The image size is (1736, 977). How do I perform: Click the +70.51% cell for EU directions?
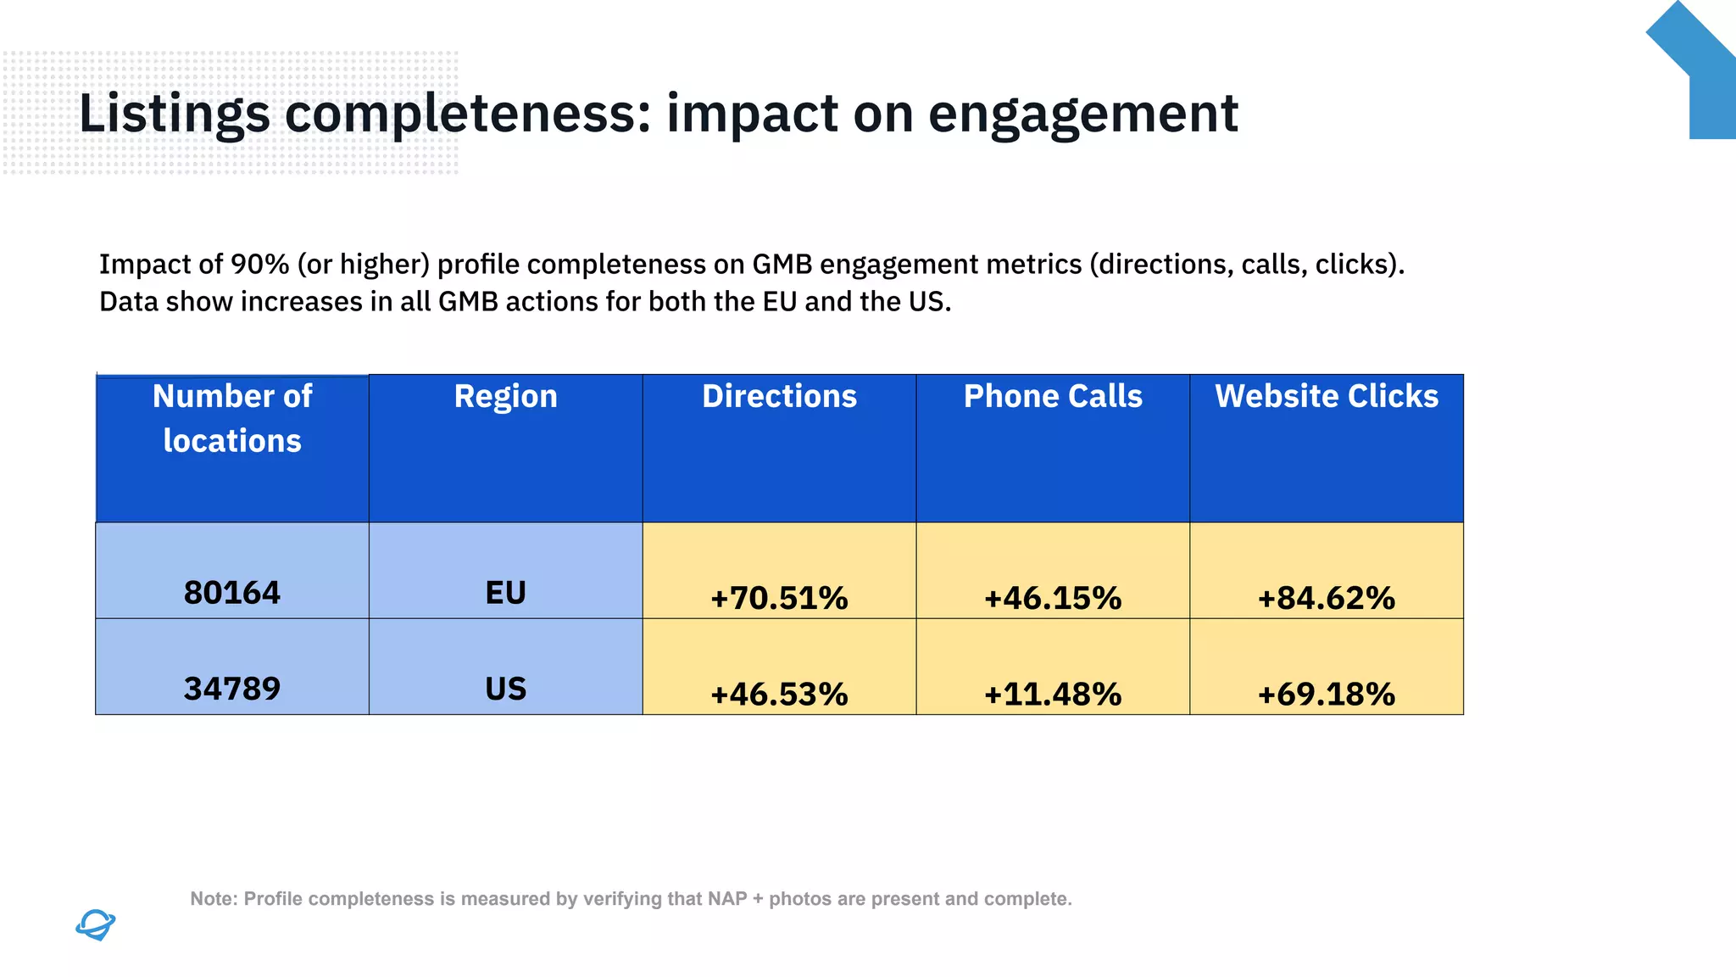coord(779,598)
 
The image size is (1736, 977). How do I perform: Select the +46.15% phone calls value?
coord(1053,598)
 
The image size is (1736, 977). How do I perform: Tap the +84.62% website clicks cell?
coord(1327,598)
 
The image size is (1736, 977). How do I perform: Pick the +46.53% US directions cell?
coord(779,694)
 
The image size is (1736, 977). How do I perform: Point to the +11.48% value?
coord(1053,694)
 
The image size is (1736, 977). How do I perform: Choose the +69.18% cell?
coord(1327,694)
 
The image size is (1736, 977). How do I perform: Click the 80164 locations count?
coord(231,592)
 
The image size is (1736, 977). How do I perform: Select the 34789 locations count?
coord(231,688)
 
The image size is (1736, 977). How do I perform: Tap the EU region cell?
coord(505,592)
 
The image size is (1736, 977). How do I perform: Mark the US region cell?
coord(505,688)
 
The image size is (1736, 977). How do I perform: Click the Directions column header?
coord(779,396)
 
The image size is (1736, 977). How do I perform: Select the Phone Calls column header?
coord(1053,396)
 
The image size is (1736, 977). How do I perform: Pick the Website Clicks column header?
coord(1327,396)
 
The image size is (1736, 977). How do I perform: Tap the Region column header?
coord(505,396)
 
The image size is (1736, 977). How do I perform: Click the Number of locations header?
coord(231,418)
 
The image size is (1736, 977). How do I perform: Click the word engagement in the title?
coord(1082,114)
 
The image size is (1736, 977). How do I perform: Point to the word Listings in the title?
coord(174,114)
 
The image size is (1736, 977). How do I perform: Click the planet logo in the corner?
coord(95,924)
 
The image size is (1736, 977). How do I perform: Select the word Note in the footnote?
coord(212,899)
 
